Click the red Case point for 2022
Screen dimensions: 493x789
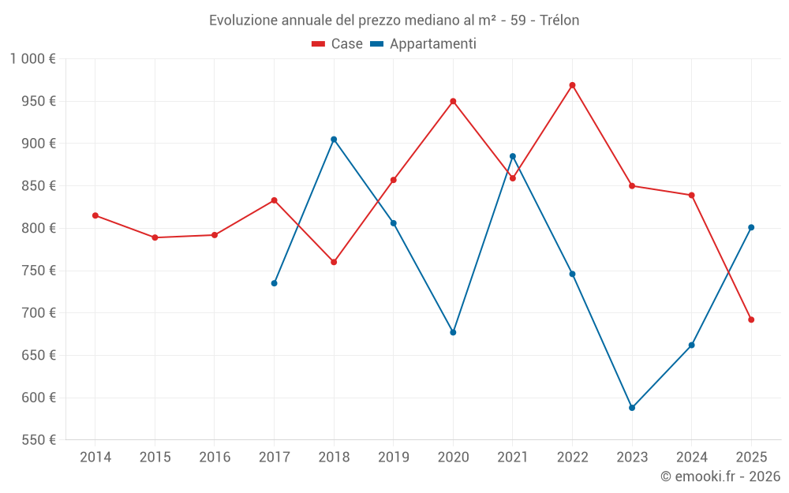point(572,85)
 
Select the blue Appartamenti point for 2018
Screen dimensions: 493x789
point(334,140)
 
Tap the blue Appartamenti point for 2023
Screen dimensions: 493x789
point(632,408)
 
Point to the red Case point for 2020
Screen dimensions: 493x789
point(453,101)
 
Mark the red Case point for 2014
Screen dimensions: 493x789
point(95,215)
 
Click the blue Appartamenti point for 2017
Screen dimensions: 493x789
point(274,283)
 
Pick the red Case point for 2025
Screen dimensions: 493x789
point(751,319)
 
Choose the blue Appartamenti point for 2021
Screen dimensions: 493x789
point(513,156)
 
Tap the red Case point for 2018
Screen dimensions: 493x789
point(334,262)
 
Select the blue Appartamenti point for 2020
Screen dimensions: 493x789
point(453,332)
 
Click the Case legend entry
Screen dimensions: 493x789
point(338,44)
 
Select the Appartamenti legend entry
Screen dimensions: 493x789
point(424,44)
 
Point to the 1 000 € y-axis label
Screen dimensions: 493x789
point(33,59)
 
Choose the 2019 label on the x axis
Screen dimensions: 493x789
point(394,457)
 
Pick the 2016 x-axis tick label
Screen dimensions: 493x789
point(215,457)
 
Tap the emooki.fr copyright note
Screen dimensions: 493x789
point(720,476)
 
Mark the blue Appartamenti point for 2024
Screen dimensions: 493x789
point(691,345)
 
